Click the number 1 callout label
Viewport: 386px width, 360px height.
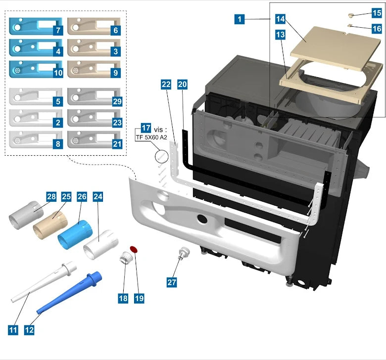pyautogui.click(x=240, y=20)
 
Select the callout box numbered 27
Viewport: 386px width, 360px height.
pyautogui.click(x=172, y=282)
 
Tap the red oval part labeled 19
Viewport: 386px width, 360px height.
pyautogui.click(x=133, y=249)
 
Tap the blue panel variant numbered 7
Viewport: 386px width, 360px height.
pyautogui.click(x=32, y=26)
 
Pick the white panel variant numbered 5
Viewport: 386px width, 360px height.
pyautogui.click(x=32, y=97)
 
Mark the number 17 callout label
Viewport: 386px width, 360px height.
pyautogui.click(x=145, y=128)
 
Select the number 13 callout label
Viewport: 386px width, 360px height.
pyautogui.click(x=281, y=35)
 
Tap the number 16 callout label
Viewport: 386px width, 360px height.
pyautogui.click(x=377, y=29)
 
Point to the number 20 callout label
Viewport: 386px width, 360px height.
pyautogui.click(x=183, y=85)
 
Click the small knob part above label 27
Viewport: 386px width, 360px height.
pyautogui.click(x=184, y=254)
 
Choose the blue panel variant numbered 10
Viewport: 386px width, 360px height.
pyautogui.click(x=32, y=69)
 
